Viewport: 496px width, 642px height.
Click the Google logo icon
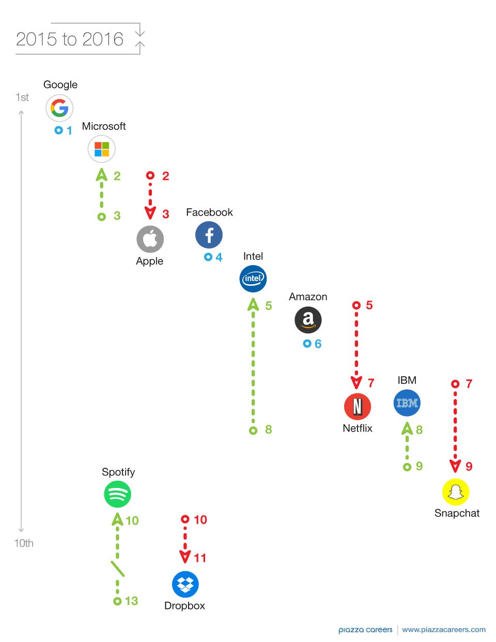click(x=59, y=108)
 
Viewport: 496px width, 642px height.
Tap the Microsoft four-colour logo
click(x=102, y=149)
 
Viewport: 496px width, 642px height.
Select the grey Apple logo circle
click(x=150, y=239)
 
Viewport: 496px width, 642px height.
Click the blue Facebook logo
click(x=209, y=235)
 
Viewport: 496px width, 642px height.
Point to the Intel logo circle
click(x=253, y=279)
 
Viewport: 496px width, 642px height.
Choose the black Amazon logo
click(x=308, y=320)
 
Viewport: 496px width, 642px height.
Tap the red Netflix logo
click(x=358, y=406)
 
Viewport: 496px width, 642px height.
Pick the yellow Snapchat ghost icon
click(x=456, y=492)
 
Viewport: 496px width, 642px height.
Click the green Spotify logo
click(x=117, y=494)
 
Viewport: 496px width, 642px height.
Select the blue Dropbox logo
click(x=185, y=585)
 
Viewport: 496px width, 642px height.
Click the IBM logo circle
click(x=407, y=403)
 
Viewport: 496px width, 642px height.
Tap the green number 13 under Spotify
click(x=131, y=601)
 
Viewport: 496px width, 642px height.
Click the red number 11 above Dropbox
click(x=200, y=558)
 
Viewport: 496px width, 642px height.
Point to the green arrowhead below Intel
click(x=253, y=304)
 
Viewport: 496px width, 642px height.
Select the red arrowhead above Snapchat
click(x=455, y=466)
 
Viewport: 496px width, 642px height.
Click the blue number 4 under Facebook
click(x=219, y=257)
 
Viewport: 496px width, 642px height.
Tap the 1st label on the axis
click(x=22, y=97)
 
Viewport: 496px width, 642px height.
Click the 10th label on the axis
click(x=24, y=543)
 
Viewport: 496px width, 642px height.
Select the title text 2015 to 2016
click(x=70, y=39)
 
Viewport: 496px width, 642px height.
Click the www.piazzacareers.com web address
click(x=444, y=630)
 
